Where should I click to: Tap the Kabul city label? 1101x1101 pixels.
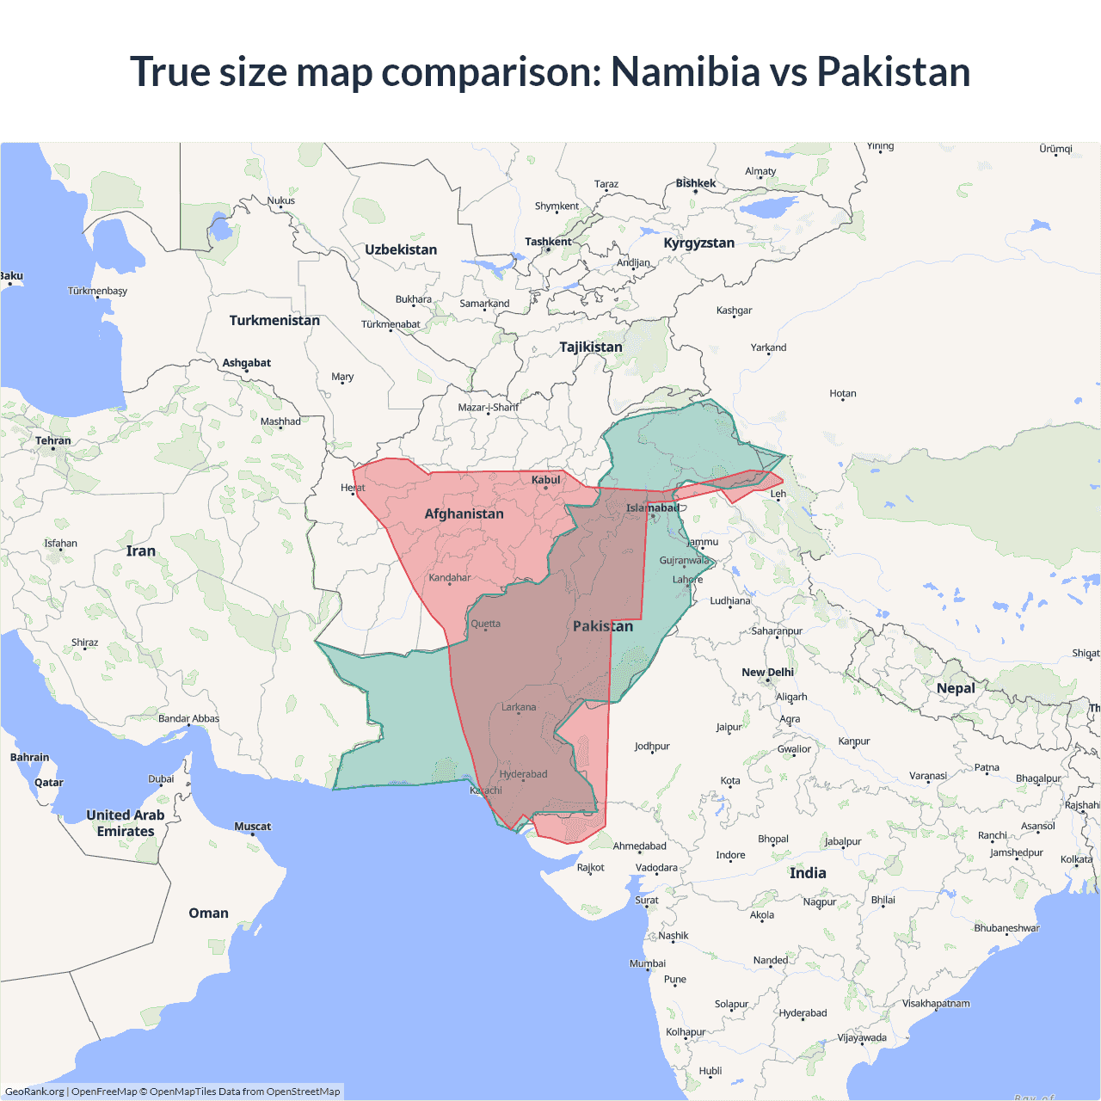(545, 480)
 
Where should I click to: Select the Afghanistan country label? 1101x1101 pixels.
(464, 514)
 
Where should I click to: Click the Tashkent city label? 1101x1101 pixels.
(548, 242)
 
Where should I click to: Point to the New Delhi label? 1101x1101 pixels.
(767, 672)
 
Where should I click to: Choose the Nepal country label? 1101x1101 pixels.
(956, 688)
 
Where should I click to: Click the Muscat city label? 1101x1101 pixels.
(252, 827)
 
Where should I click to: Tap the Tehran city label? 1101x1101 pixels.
(53, 440)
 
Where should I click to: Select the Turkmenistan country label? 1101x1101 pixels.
(274, 320)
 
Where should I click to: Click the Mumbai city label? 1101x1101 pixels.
(648, 963)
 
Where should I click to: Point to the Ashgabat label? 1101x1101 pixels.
(246, 363)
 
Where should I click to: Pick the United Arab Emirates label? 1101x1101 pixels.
(126, 823)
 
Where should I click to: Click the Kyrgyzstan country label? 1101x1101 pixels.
(698, 243)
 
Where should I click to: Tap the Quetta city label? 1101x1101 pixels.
(485, 624)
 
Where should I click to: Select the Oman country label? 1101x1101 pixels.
(208, 913)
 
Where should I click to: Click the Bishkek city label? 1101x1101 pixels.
(695, 183)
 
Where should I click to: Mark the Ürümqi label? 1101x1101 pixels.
(1055, 149)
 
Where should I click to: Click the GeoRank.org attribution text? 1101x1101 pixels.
(34, 1092)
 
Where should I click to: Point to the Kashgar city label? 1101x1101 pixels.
(734, 311)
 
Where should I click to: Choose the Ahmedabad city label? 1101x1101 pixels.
(639, 846)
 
